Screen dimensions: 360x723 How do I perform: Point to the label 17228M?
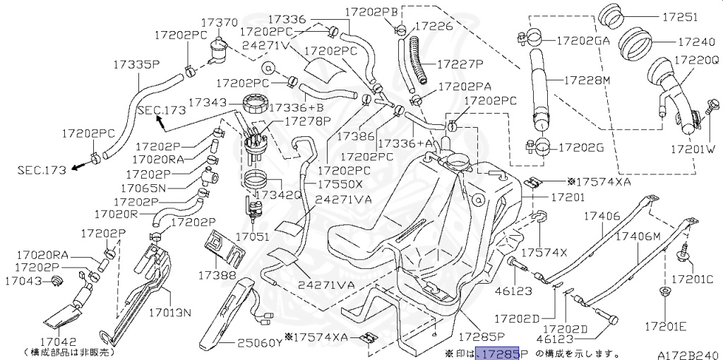point(587,80)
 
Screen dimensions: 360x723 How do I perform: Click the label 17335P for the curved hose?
point(136,64)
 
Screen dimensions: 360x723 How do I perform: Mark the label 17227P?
point(460,64)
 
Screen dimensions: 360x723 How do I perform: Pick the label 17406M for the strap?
point(637,236)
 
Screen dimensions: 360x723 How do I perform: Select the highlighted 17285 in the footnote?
point(498,353)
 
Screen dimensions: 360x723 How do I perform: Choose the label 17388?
point(215,273)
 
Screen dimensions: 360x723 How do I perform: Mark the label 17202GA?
point(583,41)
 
